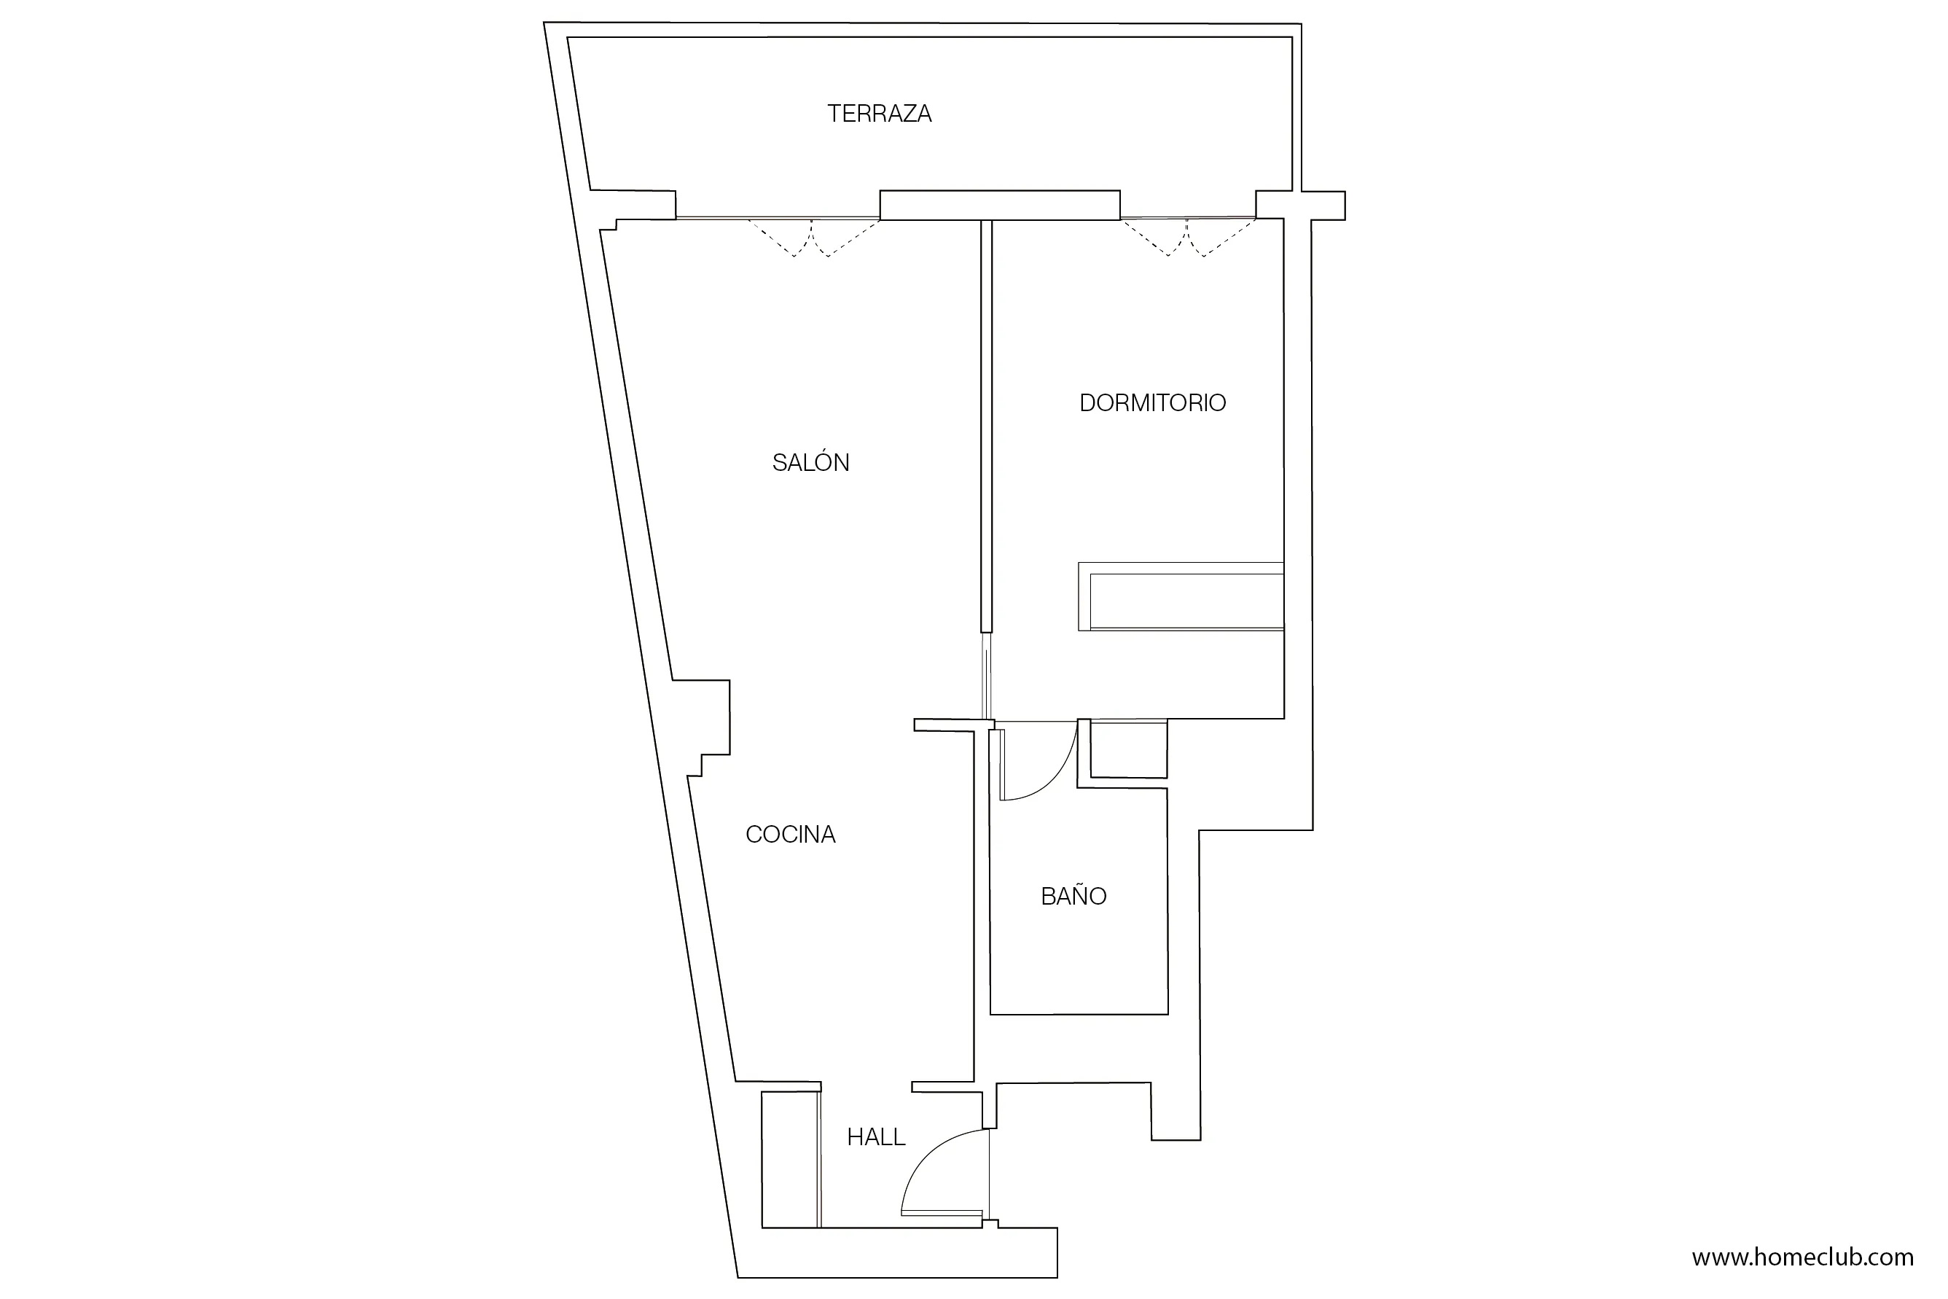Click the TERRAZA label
tap(879, 114)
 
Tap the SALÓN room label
tap(811, 462)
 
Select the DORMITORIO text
tap(1152, 402)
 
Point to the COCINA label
tap(790, 834)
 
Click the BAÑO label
tap(1073, 897)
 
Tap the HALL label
tap(876, 1137)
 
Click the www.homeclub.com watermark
tap(1802, 1257)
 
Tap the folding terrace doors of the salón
tap(812, 236)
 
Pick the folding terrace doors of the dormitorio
tap(1186, 236)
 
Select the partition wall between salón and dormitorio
tap(985, 423)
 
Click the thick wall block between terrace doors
tap(1000, 206)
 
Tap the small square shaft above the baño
tap(1128, 749)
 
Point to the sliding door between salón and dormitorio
tap(987, 675)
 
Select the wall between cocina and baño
tap(982, 903)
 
